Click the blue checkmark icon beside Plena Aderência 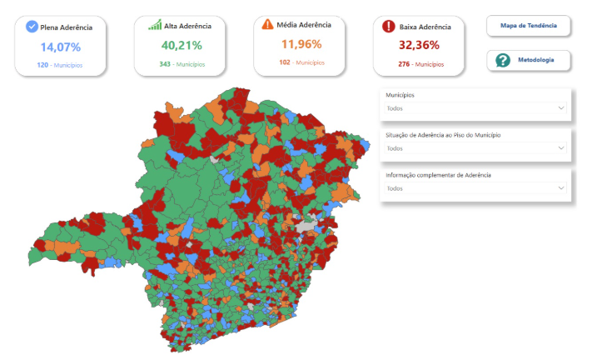click(x=32, y=27)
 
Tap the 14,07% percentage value click(x=60, y=47)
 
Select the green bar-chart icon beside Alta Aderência click(x=155, y=25)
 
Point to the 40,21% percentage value click(x=180, y=45)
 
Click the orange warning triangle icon click(x=267, y=24)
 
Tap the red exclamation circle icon click(x=388, y=27)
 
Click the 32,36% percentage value click(x=418, y=45)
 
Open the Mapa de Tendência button click(x=529, y=26)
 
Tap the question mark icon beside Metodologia click(x=502, y=60)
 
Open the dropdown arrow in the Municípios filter click(x=561, y=108)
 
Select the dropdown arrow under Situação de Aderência click(x=561, y=148)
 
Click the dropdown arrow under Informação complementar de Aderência click(x=561, y=188)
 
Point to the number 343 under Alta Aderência click(x=165, y=64)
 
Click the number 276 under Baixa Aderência click(x=404, y=64)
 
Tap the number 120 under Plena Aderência click(x=42, y=64)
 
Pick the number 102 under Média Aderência click(x=285, y=62)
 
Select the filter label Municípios click(x=400, y=95)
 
